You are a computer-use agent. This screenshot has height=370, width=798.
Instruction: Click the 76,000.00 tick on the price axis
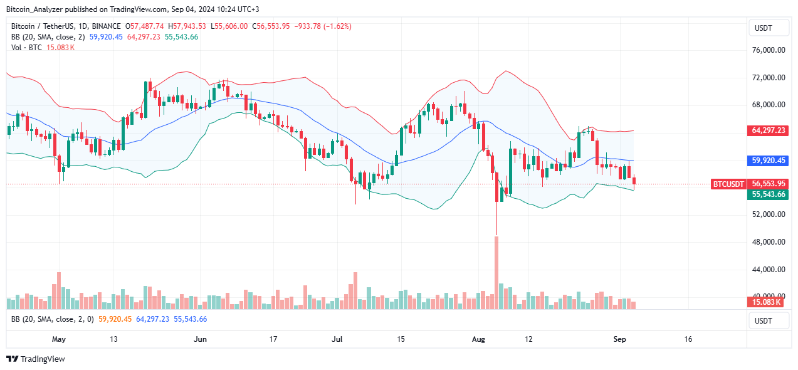tap(769, 51)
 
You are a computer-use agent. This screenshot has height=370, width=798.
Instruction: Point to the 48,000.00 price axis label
tap(769, 242)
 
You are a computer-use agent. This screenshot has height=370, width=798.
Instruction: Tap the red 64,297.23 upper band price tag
tap(769, 130)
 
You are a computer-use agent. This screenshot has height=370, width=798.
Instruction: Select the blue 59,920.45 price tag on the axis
tap(769, 161)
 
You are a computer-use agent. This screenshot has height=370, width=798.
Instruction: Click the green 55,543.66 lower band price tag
tap(769, 195)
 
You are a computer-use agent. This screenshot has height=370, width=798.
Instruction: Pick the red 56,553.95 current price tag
tap(769, 184)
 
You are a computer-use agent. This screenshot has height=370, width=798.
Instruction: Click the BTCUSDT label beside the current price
tap(728, 184)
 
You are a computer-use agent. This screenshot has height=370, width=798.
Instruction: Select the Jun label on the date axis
tap(201, 339)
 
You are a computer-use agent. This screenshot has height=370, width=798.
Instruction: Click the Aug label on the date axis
tap(478, 339)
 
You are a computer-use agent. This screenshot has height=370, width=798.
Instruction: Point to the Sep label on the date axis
tap(619, 339)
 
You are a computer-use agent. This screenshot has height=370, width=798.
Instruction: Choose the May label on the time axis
tap(59, 339)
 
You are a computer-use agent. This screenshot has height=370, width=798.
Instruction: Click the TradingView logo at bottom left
tap(36, 359)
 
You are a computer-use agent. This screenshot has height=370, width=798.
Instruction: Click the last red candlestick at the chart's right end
tap(634, 182)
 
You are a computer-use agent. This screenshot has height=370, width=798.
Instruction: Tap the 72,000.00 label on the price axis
tap(769, 78)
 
